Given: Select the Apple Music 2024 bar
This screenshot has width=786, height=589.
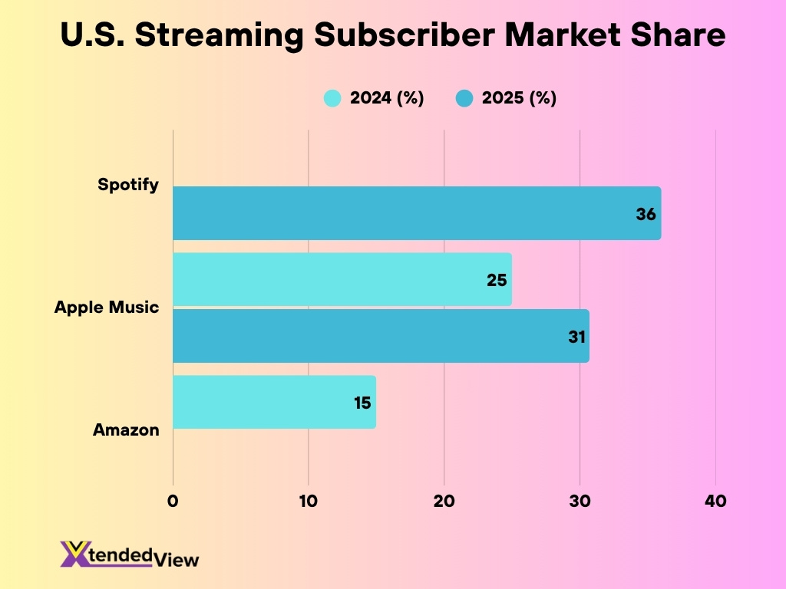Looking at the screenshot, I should tap(342, 280).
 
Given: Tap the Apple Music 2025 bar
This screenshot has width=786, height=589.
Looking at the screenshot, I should tap(381, 336).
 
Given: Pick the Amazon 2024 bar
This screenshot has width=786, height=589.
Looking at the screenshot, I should tap(274, 402).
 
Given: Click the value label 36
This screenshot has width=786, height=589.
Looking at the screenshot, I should tap(646, 214).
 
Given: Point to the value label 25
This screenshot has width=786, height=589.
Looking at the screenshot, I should tap(497, 280).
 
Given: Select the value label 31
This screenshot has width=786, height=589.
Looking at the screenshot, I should tap(577, 336).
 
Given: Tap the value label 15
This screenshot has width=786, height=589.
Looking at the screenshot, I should tap(363, 403).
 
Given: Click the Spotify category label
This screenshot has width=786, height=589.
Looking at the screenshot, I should tap(128, 185).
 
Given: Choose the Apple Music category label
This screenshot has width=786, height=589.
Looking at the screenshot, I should tap(107, 308).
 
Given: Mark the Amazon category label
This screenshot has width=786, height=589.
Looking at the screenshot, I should tap(126, 430).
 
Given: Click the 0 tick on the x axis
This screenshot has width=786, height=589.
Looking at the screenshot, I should tap(173, 501).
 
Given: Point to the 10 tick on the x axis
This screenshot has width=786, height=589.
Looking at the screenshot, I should tap(309, 501).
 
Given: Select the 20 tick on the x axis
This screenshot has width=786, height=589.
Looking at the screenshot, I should tap(444, 501).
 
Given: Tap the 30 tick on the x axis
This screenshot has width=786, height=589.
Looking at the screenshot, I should tap(580, 501).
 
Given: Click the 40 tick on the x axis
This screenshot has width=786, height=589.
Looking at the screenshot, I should tap(715, 501).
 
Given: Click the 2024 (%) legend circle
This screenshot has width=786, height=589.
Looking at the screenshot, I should tap(332, 98).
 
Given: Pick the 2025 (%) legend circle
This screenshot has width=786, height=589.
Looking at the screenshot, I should tap(464, 98).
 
